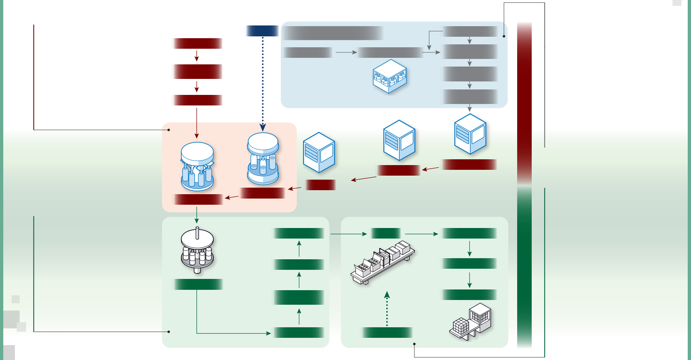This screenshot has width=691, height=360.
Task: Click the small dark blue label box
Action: (262, 31)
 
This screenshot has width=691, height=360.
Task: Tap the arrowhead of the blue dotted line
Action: (263, 128)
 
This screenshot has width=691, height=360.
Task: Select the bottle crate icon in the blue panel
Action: (390, 77)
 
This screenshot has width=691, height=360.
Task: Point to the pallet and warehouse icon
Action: (471, 321)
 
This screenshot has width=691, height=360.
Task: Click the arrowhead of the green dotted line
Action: (387, 295)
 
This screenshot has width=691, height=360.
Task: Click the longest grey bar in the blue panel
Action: (333, 33)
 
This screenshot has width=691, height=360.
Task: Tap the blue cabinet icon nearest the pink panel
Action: (319, 152)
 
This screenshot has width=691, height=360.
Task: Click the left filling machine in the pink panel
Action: (197, 167)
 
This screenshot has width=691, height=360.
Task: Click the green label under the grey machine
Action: (197, 284)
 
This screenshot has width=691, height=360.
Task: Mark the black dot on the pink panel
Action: (169, 130)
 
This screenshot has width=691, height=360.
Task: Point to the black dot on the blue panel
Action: (504, 36)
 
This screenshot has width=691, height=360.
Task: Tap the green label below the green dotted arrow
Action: (387, 332)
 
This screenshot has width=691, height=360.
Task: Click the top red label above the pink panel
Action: (197, 44)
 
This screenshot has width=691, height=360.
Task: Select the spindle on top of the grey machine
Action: (197, 233)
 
